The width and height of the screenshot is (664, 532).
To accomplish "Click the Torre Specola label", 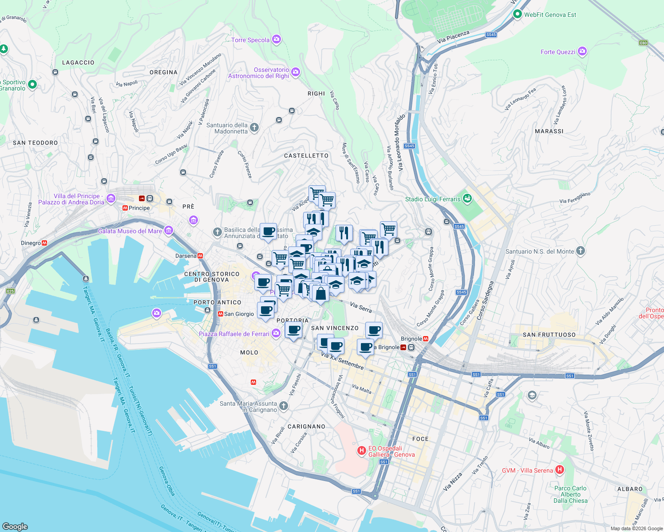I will point(250,40).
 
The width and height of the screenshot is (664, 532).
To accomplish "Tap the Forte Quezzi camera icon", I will point(582,51).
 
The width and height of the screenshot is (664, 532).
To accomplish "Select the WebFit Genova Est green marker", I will point(517,14).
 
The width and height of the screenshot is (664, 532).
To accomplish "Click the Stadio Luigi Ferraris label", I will point(433,199).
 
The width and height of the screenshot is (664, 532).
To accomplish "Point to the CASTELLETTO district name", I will point(306,156).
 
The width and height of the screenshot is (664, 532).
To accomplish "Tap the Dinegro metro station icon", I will point(44,243).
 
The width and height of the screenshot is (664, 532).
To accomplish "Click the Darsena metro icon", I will point(200,256).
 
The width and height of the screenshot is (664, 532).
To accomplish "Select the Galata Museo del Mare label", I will point(130,231).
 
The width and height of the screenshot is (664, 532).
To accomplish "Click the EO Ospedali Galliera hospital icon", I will point(362,451).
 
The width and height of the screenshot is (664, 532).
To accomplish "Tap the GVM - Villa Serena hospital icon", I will point(560,469).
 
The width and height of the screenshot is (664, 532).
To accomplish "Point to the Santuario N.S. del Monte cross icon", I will point(580,251).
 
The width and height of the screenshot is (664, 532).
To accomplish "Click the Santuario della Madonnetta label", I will point(227,128).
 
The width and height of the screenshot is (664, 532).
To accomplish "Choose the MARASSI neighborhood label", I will point(549,131).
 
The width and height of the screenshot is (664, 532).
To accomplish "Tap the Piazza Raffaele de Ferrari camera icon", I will point(276,333).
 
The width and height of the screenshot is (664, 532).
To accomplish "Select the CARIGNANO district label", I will point(306,426).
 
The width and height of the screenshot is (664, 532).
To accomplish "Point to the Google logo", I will point(15,526).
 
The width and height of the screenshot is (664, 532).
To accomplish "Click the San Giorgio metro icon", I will point(221,314).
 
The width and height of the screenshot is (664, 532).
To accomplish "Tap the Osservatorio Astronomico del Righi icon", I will point(296,72).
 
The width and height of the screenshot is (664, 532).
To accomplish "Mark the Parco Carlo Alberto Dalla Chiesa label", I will point(570,494).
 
